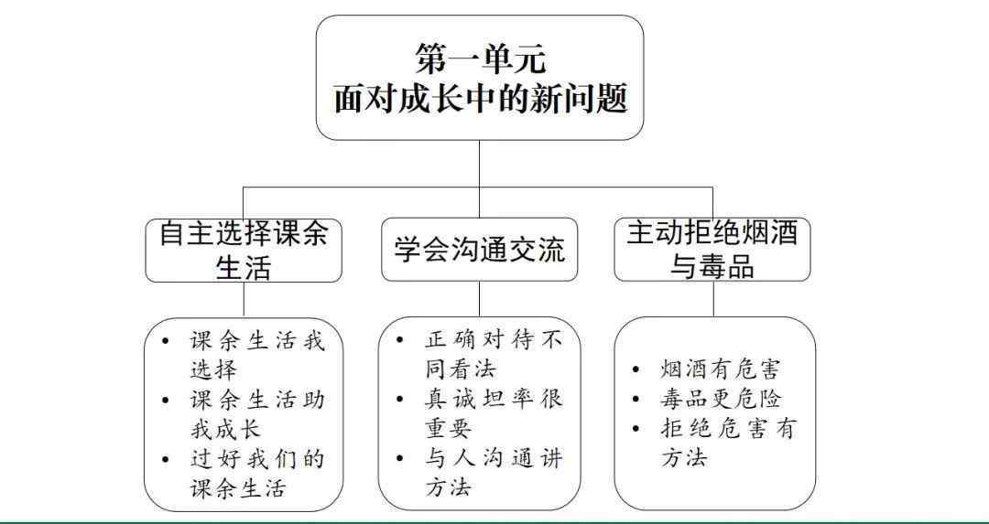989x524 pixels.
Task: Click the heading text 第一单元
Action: (x=479, y=59)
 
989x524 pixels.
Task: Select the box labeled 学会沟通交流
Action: (x=479, y=250)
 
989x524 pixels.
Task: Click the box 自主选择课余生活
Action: (x=244, y=251)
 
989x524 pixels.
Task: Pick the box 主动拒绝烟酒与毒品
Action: (x=712, y=250)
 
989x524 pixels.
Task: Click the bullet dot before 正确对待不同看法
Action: (x=400, y=341)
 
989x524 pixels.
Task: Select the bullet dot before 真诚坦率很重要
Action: (x=400, y=400)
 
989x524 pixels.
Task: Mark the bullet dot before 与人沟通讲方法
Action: (x=400, y=458)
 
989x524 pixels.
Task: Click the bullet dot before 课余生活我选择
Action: (x=165, y=341)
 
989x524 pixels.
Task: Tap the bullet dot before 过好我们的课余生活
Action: (x=165, y=458)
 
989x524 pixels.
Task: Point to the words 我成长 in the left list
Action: (x=225, y=430)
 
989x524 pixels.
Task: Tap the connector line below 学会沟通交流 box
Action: (x=479, y=298)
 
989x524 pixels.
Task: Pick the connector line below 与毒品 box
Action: (x=713, y=298)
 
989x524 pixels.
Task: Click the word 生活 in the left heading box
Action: (x=244, y=267)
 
